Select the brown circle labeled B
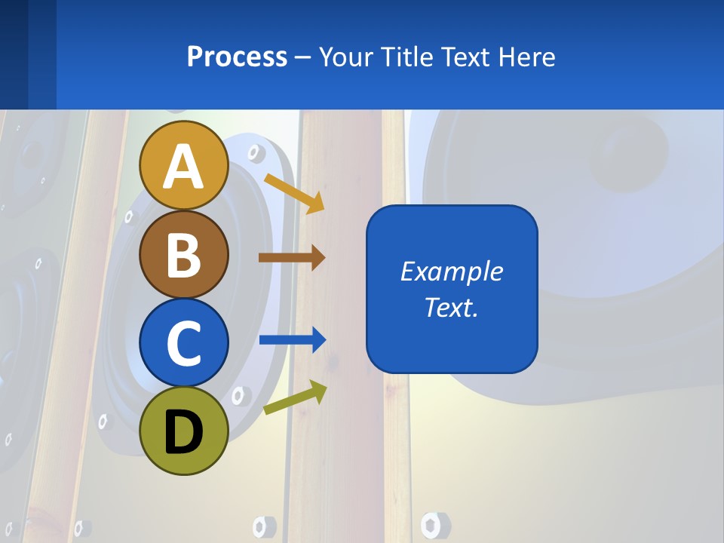[184, 254]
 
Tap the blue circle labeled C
[184, 342]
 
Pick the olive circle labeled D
[184, 431]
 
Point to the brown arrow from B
[291, 258]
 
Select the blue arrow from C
[292, 340]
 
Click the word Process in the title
[237, 57]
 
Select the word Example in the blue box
[451, 271]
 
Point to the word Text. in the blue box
[451, 307]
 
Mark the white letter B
[184, 255]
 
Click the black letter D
[184, 431]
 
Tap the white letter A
[184, 166]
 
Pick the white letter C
[184, 343]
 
